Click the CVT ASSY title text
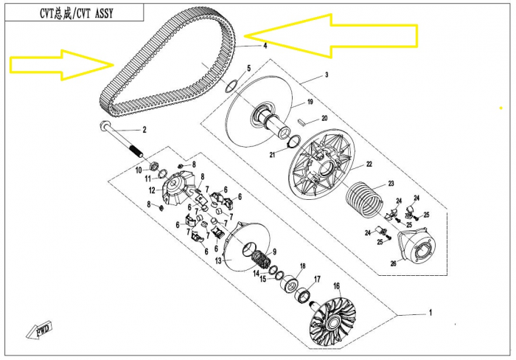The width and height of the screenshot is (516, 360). click(x=77, y=13)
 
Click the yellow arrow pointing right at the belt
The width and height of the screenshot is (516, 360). click(x=62, y=65)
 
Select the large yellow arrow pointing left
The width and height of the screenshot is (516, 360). click(x=331, y=35)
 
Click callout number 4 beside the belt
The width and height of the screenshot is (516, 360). click(x=265, y=46)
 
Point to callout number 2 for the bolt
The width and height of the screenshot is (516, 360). click(x=144, y=130)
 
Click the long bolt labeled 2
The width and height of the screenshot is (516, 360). click(x=120, y=139)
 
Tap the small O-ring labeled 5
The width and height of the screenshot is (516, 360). click(x=230, y=86)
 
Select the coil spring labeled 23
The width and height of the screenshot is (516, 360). click(x=364, y=201)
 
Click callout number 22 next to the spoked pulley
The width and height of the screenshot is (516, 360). click(x=369, y=164)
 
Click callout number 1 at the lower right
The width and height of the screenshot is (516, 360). click(x=430, y=312)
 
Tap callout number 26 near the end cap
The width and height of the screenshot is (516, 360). click(x=393, y=264)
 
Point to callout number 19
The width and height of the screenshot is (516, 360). click(x=310, y=102)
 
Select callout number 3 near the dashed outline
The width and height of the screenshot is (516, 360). click(x=327, y=75)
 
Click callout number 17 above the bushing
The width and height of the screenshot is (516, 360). click(x=317, y=280)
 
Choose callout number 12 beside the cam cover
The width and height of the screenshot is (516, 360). click(x=152, y=191)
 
